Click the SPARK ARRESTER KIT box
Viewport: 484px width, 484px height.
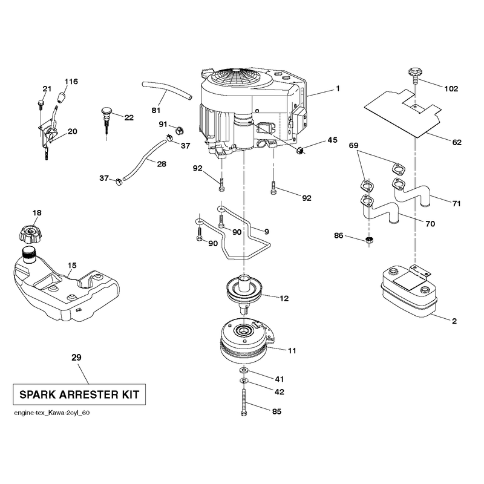click(x=79, y=394)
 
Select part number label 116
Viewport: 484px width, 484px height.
click(x=71, y=82)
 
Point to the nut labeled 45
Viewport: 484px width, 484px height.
click(x=299, y=151)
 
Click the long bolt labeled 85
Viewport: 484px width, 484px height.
click(x=244, y=402)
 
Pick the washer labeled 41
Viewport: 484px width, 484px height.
click(x=244, y=370)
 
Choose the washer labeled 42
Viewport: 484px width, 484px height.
click(x=244, y=381)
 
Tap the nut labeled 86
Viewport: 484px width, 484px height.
click(x=369, y=240)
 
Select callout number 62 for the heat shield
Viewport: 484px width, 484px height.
click(x=457, y=142)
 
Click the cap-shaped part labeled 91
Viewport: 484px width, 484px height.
click(x=179, y=130)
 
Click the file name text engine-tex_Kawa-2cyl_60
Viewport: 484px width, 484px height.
click(x=52, y=413)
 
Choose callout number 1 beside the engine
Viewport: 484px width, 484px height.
click(x=338, y=88)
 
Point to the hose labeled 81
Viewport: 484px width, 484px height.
click(x=167, y=90)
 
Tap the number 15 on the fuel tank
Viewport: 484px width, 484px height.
click(x=72, y=266)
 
